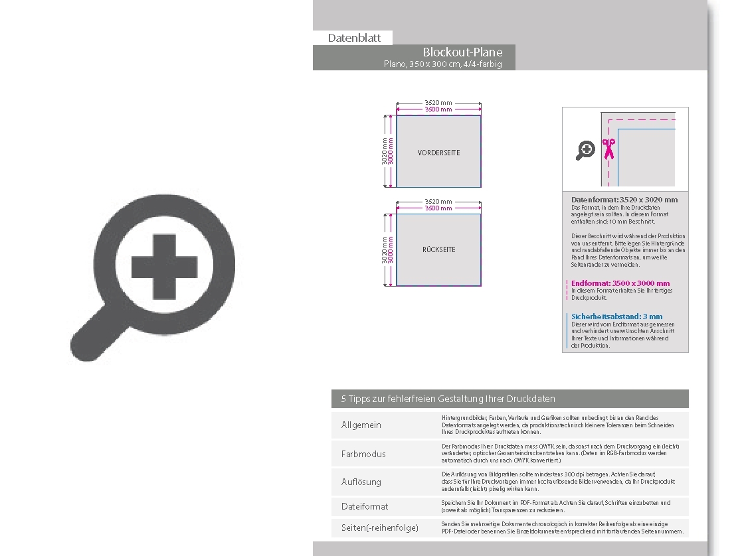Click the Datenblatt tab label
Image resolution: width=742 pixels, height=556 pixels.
pos(354,38)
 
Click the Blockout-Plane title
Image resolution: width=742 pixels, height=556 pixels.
pos(462,52)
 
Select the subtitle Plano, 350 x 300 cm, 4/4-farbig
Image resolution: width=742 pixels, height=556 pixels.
pos(442,64)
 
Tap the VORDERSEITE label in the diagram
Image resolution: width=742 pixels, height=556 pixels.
pos(438,153)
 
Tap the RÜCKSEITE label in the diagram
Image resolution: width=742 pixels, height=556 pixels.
pos(438,250)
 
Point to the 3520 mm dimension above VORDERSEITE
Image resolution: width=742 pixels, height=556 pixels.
pos(438,103)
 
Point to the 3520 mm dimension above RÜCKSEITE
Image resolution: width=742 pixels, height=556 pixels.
pos(438,201)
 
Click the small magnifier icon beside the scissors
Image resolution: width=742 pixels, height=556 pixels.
pos(585,151)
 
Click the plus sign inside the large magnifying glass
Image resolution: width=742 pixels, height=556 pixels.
pos(163,267)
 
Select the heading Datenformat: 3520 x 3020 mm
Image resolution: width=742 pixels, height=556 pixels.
pos(624,200)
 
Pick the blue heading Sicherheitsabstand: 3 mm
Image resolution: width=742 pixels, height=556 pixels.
pos(616,316)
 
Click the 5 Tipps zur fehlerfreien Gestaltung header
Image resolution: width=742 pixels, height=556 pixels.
pos(448,399)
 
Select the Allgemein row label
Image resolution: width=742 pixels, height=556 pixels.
pos(361,425)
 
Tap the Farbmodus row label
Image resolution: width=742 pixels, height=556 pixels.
pos(363,454)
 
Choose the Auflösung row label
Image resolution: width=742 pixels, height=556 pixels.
pos(361,482)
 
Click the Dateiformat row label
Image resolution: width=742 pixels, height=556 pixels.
pos(365,506)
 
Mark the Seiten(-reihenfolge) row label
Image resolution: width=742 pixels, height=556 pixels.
pos(380,527)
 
